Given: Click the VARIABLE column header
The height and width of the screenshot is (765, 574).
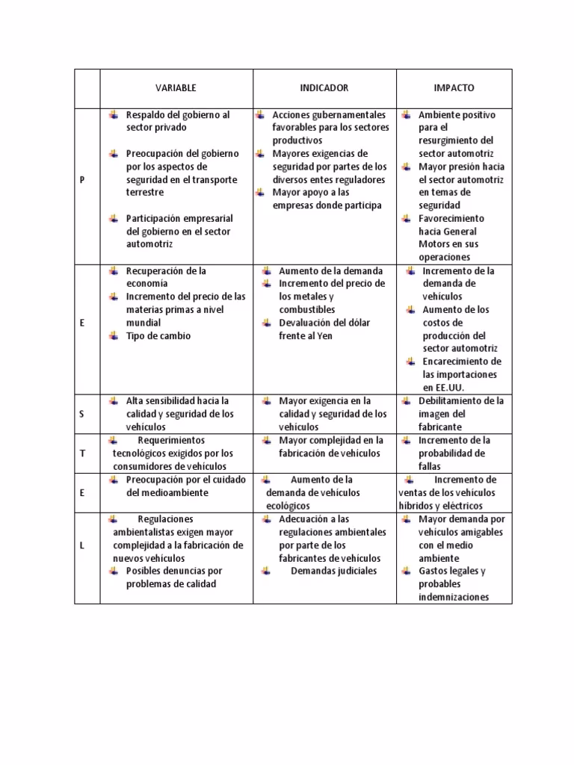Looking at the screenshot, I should [x=176, y=88].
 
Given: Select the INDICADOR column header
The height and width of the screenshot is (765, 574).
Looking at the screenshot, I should [x=324, y=88].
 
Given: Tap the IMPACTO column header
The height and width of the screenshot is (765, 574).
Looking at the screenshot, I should [x=454, y=88].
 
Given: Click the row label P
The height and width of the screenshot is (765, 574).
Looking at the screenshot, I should [x=82, y=179].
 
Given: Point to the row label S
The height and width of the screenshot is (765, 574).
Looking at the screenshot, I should [x=82, y=414].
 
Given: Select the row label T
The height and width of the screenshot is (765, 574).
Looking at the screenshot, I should [x=82, y=453].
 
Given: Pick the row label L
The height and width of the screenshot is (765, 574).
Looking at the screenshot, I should [x=82, y=545].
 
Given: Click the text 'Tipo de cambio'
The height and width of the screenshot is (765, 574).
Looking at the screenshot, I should [x=158, y=335].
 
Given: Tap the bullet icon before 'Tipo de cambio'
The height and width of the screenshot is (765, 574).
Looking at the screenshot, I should [x=113, y=335].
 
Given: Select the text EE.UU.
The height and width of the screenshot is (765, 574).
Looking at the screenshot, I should [x=444, y=388].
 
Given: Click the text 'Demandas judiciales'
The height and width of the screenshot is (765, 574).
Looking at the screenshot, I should [x=333, y=572].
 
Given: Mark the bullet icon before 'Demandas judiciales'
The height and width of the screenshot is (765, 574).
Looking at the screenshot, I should [x=267, y=572].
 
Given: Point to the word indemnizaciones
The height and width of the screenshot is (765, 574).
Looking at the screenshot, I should [x=454, y=597].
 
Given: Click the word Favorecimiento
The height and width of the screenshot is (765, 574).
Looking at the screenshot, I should [x=451, y=219].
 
